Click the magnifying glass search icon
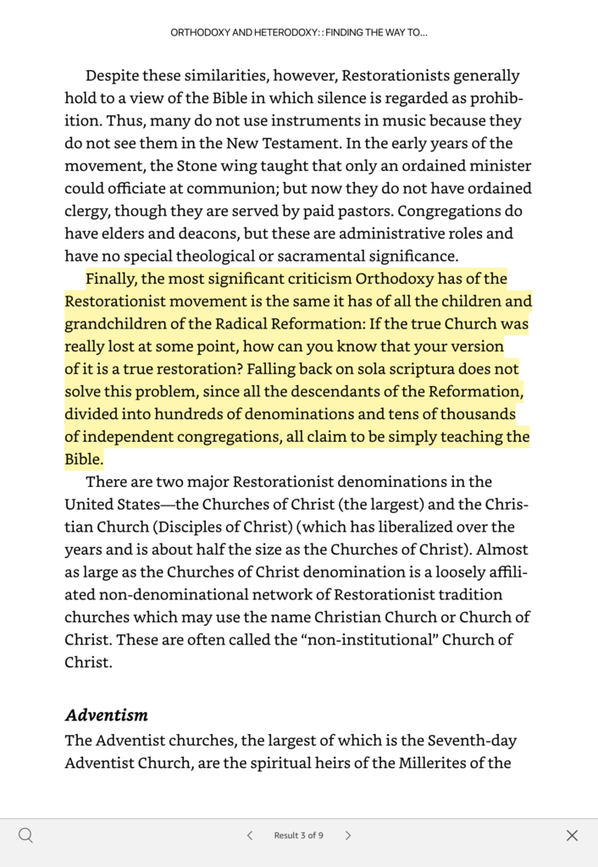click(26, 836)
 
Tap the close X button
click(572, 836)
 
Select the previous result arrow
click(250, 836)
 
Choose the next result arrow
click(347, 836)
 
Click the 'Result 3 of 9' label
click(298, 836)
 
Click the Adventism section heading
click(106, 715)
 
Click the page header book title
click(298, 33)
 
